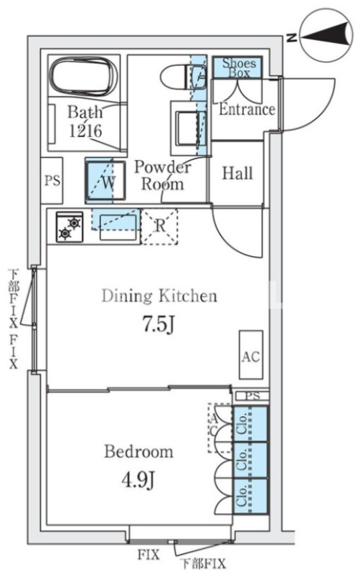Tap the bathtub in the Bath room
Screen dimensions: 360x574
pos(84,76)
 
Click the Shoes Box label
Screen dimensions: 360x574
pos(239,67)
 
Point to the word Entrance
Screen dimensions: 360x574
pos(247,110)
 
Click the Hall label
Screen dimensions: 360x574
pos(237,173)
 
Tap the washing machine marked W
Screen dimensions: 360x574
pos(105,181)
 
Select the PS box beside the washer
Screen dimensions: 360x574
pos(52,180)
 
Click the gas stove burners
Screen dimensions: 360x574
pos(70,227)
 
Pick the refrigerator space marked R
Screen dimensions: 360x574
pos(159,227)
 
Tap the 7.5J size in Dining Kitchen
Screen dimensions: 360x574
pos(158,324)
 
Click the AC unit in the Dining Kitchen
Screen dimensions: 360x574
pos(251,354)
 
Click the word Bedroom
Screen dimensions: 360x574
pos(138,451)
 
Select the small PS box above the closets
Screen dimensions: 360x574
pos(252,396)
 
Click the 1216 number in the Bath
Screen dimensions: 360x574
pos(85,131)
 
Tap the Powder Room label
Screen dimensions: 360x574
pos(163,175)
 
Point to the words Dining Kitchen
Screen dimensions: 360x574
pos(159,296)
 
